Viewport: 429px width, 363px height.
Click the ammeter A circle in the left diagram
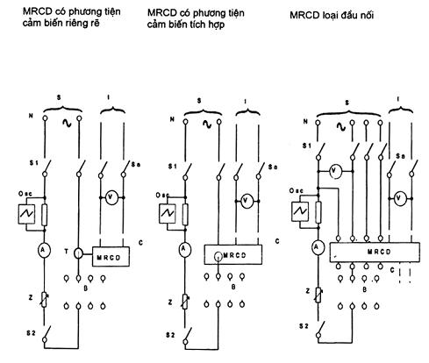[44, 250]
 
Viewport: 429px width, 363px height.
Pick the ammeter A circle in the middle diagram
[184, 249]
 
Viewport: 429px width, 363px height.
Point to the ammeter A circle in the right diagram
[317, 247]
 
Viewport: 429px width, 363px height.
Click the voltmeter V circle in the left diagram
[111, 197]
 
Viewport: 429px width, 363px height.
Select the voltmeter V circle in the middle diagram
[247, 201]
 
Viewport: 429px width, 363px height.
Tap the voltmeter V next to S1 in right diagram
[335, 172]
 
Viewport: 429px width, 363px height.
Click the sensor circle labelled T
[78, 253]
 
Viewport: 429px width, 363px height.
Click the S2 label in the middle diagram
[170, 335]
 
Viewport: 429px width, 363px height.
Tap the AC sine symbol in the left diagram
[67, 124]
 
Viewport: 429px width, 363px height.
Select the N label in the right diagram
[305, 121]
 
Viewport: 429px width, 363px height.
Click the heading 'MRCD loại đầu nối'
[332, 15]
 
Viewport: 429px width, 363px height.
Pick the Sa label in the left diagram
[136, 165]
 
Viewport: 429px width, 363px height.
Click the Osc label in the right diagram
[297, 191]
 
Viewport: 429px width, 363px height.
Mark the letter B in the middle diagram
[233, 287]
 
